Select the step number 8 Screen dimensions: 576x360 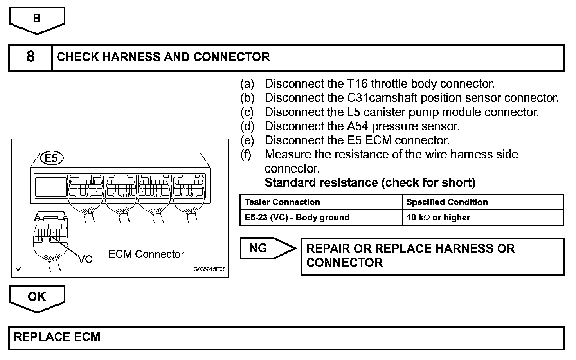pos(31,57)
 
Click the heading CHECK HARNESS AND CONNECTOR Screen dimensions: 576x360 pos(163,57)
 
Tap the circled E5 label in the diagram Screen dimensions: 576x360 pos(51,158)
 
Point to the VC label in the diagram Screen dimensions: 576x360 pos(85,259)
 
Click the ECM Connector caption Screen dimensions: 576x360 pos(146,254)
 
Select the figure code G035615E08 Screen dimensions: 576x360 pos(209,270)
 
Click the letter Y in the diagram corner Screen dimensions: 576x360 pos(18,270)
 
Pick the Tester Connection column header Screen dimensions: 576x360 pos(282,202)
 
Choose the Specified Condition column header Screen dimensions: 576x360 pos(447,202)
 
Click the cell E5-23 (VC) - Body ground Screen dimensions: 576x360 pos(297,218)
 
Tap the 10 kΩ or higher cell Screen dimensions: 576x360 pos(438,218)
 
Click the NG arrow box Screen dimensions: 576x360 pos(266,248)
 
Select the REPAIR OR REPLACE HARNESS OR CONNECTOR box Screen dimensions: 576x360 pos(432,256)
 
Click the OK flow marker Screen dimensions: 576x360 pos(37,297)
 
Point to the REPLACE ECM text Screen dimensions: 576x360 pos(57,337)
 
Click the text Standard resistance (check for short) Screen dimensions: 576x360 pos(370,182)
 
